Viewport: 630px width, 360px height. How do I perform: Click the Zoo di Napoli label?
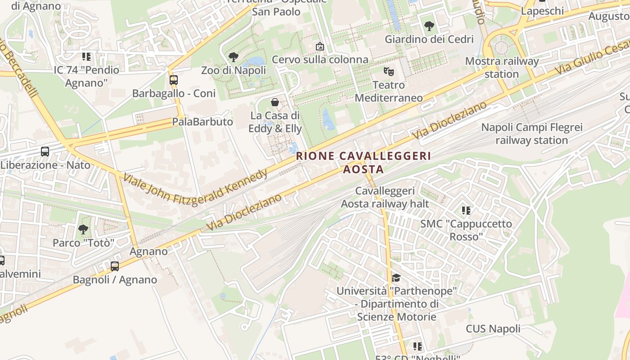[x=233, y=71]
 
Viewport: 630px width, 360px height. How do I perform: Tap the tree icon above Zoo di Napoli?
[x=233, y=57]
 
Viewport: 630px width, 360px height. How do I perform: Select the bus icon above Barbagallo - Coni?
[x=174, y=80]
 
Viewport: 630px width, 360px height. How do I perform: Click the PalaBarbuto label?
[x=202, y=122]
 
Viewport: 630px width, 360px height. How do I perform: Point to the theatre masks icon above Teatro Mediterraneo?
[x=388, y=71]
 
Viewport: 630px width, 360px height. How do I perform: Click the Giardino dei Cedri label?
[x=429, y=39]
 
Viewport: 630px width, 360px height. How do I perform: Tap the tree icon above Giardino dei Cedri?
[x=429, y=26]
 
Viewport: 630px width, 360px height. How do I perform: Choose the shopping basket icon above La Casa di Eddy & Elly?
[x=275, y=103]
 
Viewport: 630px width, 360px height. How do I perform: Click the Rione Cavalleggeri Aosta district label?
[x=364, y=162]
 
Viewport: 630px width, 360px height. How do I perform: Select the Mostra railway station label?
[x=502, y=67]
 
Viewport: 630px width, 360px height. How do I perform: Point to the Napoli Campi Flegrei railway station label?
[x=532, y=134]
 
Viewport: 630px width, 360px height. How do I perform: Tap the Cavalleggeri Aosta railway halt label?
[x=385, y=197]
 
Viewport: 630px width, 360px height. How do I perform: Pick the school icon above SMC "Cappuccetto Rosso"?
[x=466, y=210]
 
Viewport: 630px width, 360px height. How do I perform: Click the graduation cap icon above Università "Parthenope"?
[x=396, y=278]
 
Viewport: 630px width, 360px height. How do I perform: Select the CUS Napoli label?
[x=493, y=328]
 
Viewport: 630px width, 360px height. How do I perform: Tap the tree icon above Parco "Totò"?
[x=83, y=229]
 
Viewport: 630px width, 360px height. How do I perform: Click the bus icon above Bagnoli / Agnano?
[x=115, y=266]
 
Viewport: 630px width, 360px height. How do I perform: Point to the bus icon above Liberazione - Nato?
[x=45, y=152]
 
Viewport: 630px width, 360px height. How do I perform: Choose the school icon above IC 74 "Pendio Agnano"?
[x=86, y=57]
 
